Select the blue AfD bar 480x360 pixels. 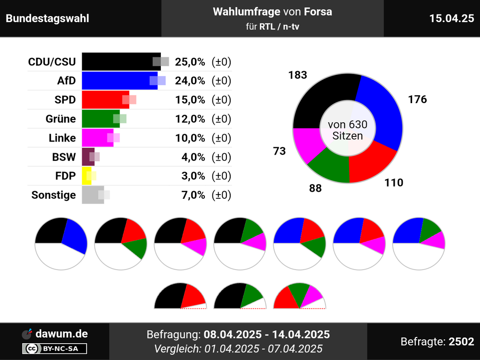click(117, 81)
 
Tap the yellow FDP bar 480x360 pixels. click(86, 176)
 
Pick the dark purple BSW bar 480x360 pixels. click(87, 157)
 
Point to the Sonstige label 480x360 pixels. click(53, 195)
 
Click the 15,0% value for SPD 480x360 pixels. click(190, 100)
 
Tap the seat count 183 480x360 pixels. click(298, 75)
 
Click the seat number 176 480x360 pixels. click(417, 99)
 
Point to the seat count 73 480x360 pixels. click(279, 150)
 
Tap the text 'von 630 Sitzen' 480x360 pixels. click(347, 130)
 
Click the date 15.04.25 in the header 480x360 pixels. click(451, 18)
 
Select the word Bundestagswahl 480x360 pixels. click(47, 19)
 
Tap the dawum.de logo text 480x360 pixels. click(61, 334)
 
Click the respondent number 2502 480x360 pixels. click(461, 342)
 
